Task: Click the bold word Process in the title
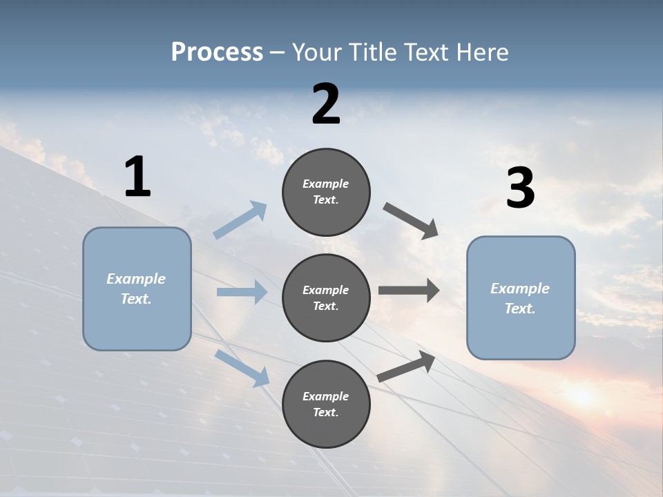pyautogui.click(x=217, y=52)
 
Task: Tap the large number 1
pyautogui.click(x=137, y=177)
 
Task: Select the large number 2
pyautogui.click(x=326, y=104)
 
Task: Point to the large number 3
pyautogui.click(x=520, y=188)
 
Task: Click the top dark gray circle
pyautogui.click(x=326, y=192)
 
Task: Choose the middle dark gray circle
pyautogui.click(x=326, y=298)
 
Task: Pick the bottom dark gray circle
pyautogui.click(x=326, y=404)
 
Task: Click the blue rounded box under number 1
pyautogui.click(x=137, y=289)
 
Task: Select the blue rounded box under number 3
pyautogui.click(x=521, y=298)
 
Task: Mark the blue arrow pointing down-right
pyautogui.click(x=242, y=367)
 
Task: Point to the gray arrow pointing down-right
pyautogui.click(x=411, y=220)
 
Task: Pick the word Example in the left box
pyautogui.click(x=136, y=278)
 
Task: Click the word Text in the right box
pyautogui.click(x=519, y=309)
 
